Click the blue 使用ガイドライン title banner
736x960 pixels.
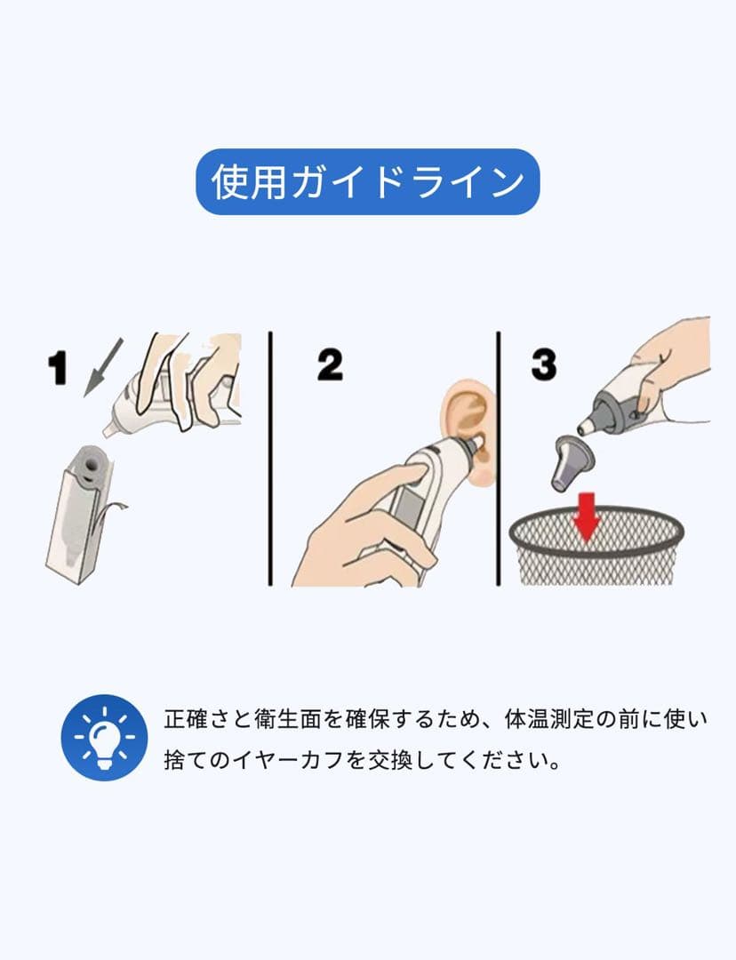coord(367,182)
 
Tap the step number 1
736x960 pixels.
coord(58,368)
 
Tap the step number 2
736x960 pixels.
coord(330,365)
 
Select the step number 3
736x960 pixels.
coord(544,364)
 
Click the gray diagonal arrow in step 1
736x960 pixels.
coord(103,367)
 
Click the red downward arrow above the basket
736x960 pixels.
coord(587,516)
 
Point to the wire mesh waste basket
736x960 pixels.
coord(596,545)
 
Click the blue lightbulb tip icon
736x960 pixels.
coord(104,737)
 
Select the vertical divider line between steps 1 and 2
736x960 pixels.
coord(270,459)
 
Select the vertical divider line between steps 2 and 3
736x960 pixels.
coord(499,459)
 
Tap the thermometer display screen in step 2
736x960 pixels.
coord(406,502)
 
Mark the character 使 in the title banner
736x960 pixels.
coord(230,182)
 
